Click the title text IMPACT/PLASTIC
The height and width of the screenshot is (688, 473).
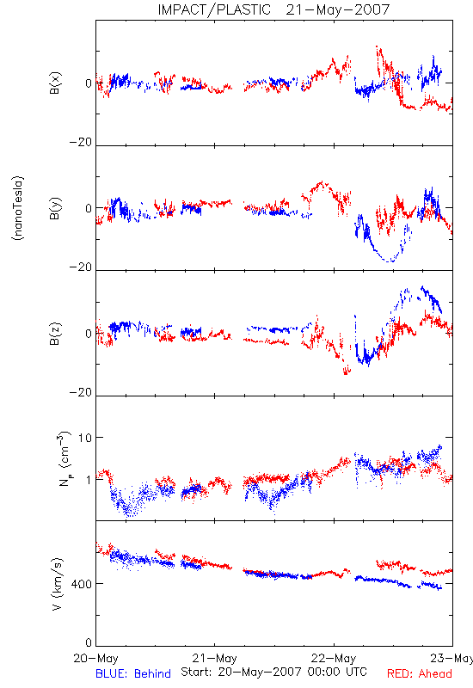click(x=214, y=9)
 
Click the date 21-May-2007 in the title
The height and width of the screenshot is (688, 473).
click(x=337, y=9)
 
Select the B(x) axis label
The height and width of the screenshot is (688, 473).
click(x=55, y=83)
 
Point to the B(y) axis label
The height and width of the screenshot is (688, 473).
click(x=55, y=208)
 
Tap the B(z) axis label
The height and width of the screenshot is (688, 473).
click(x=55, y=334)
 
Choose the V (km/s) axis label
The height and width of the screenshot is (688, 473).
click(x=57, y=584)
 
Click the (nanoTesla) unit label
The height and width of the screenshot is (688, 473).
click(x=18, y=208)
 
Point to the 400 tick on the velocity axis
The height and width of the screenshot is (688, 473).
click(x=82, y=584)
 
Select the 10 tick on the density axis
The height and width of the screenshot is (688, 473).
click(x=85, y=438)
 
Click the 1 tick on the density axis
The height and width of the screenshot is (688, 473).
click(x=89, y=480)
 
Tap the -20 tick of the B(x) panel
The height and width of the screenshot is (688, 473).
click(x=81, y=142)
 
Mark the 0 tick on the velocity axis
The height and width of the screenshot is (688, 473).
click(x=89, y=642)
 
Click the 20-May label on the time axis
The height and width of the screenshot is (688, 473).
click(x=95, y=658)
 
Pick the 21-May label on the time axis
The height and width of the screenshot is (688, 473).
click(x=214, y=658)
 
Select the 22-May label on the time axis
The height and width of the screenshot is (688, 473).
click(x=334, y=658)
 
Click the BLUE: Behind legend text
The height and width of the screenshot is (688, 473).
click(x=133, y=673)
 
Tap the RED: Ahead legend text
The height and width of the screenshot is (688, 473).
click(x=420, y=673)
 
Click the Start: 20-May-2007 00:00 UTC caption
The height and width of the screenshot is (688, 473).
click(x=273, y=672)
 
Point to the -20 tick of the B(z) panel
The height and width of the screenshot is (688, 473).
click(x=81, y=392)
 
